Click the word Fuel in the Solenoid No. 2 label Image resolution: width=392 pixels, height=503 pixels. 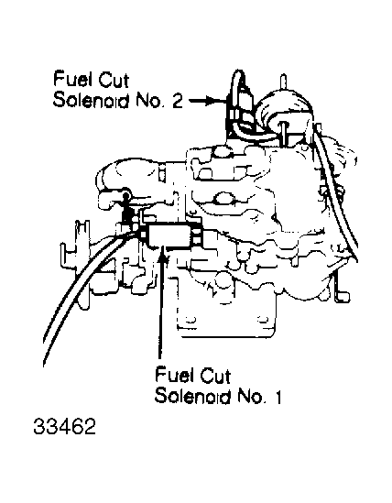(72, 79)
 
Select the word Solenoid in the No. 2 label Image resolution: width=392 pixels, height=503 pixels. (92, 101)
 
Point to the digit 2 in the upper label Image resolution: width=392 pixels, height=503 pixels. (177, 101)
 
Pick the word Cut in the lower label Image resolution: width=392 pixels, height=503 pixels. (215, 376)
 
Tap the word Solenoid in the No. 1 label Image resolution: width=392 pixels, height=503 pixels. (193, 397)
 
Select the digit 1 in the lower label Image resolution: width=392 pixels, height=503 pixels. (278, 397)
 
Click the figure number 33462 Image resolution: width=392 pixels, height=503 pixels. (64, 427)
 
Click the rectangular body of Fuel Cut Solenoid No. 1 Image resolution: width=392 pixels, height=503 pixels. (169, 235)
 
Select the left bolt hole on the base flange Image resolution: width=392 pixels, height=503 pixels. (191, 320)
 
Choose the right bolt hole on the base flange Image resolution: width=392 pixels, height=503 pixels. (263, 319)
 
